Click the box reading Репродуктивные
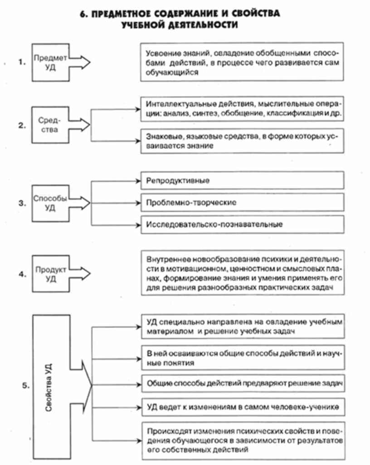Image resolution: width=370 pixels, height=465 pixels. coord(240,181)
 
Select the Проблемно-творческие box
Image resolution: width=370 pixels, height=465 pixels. coord(240,202)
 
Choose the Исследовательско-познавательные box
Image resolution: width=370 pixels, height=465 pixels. coord(240,224)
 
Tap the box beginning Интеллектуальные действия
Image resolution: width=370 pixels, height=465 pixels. coord(240,109)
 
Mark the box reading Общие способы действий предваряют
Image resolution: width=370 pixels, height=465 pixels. coord(240,383)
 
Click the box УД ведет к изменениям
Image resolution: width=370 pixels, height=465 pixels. coord(240,406)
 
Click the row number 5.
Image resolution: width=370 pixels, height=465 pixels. coord(25,386)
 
